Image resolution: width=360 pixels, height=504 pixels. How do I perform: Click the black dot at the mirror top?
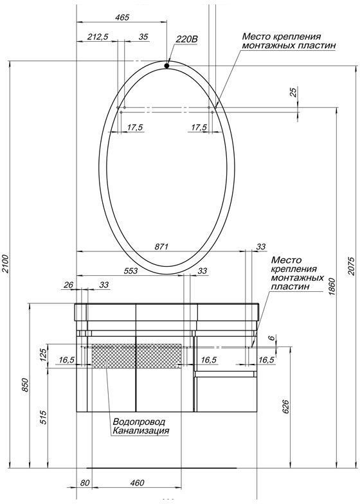tap(166, 65)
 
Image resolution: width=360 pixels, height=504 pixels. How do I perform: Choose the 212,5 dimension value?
tap(97, 37)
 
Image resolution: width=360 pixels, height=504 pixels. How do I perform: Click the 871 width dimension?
tap(161, 246)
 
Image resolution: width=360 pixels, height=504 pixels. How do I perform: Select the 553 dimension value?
tap(130, 271)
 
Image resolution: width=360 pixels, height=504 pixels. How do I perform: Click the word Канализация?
tap(141, 431)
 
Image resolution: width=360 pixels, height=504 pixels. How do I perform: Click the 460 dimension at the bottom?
tap(137, 483)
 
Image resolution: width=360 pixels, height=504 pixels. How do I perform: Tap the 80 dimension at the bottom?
tap(84, 483)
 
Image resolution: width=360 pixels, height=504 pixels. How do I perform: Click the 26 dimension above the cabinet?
tap(69, 285)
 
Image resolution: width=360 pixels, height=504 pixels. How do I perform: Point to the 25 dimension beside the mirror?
tap(294, 93)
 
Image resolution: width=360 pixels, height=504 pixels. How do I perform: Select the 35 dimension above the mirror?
tap(143, 37)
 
